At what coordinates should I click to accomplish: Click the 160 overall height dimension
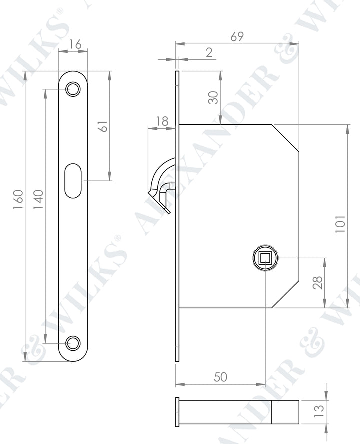pos(18,200)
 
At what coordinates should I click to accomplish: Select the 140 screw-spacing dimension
pos(38,200)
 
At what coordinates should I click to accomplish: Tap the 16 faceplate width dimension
pos(75,44)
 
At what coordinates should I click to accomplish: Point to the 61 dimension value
pos(104,126)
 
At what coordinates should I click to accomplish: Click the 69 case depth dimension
pos(237,36)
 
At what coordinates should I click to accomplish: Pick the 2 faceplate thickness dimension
pos(209,53)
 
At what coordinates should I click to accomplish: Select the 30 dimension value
pos(214,98)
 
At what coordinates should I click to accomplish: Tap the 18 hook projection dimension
pos(162,121)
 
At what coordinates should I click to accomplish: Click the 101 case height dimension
pos(340,224)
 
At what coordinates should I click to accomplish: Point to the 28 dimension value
pos(318,283)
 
